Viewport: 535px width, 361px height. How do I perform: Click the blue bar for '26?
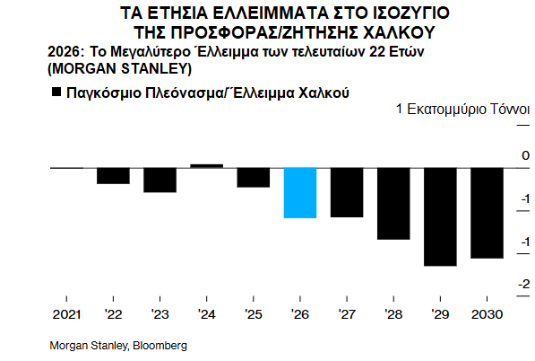pyautogui.click(x=300, y=192)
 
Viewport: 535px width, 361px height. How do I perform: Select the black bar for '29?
pyautogui.click(x=440, y=216)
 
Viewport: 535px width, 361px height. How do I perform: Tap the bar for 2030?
pyautogui.click(x=487, y=213)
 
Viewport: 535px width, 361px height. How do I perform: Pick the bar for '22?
pyautogui.click(x=113, y=175)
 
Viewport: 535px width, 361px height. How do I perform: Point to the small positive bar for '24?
pyautogui.click(x=206, y=165)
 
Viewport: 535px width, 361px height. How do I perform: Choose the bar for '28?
pyautogui.click(x=393, y=203)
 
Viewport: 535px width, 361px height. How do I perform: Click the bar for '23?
pyautogui.click(x=160, y=180)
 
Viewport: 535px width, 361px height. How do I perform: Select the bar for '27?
pyautogui.click(x=347, y=192)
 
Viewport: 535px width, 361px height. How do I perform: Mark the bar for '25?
pyautogui.click(x=253, y=177)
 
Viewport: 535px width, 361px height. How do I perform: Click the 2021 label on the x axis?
pyautogui.click(x=66, y=314)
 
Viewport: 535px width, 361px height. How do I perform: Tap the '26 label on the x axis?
pyautogui.click(x=299, y=314)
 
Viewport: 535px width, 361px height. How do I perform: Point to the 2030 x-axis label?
pyautogui.click(x=487, y=314)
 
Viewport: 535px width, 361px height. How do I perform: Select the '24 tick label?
pyautogui.click(x=206, y=314)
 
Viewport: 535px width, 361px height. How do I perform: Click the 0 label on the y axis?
pyautogui.click(x=525, y=156)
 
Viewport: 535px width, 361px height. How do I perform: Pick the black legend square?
pyautogui.click(x=56, y=92)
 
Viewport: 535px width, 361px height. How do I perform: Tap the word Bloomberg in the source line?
pyautogui.click(x=162, y=346)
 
